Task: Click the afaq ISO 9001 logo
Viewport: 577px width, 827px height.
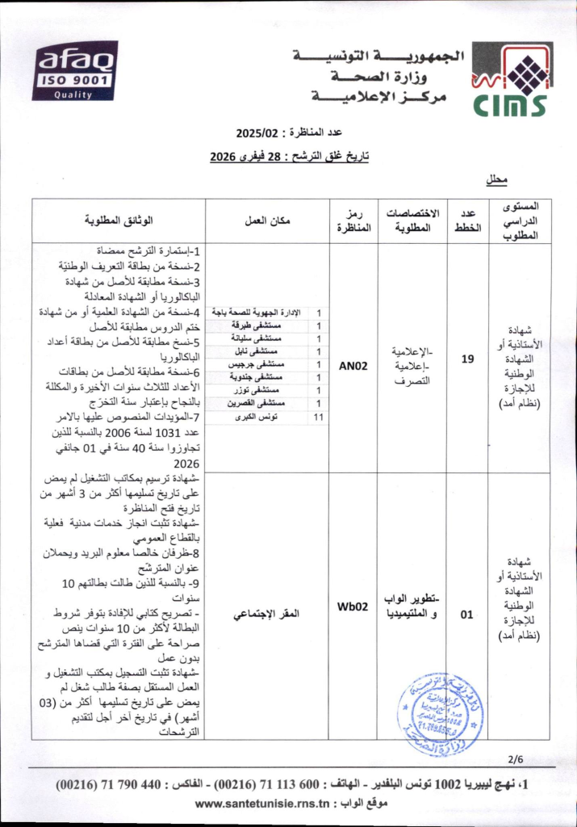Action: (74, 70)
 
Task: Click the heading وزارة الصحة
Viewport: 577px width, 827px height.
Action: (382, 79)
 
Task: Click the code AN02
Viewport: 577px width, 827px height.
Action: (353, 365)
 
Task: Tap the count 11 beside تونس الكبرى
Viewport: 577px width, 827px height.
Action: (319, 417)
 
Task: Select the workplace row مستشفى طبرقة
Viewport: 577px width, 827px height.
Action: (263, 325)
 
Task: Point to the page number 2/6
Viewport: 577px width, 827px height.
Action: (516, 758)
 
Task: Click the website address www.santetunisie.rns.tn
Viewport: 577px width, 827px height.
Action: (261, 804)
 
